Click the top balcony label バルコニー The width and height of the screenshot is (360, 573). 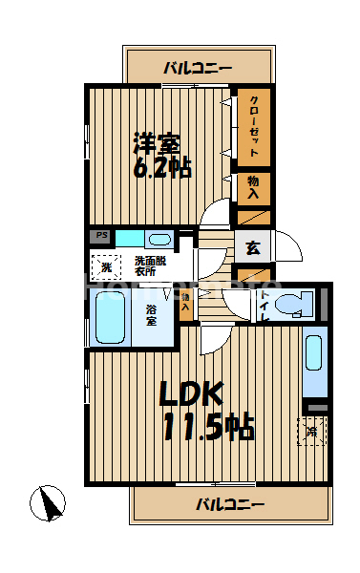[198, 67]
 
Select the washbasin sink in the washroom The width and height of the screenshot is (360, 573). [159, 239]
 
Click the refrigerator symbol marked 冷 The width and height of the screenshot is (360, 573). [313, 431]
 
